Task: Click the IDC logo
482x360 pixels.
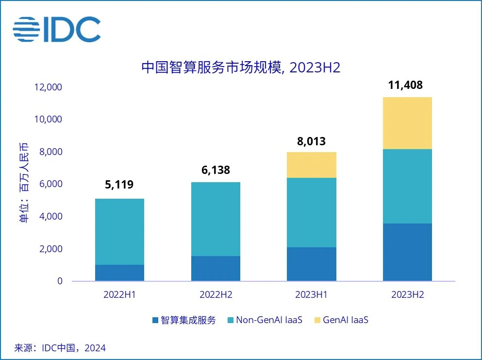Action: coord(56,29)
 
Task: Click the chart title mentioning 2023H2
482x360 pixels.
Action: coord(241,68)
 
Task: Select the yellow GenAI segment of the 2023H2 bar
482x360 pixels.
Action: coord(407,123)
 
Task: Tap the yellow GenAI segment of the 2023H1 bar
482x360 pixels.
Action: coord(312,165)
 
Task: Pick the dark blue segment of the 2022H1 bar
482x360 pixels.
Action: coord(119,273)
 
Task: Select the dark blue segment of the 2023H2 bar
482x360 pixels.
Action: coord(407,252)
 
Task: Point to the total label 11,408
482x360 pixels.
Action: coord(405,86)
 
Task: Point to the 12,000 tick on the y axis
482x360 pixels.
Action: coord(49,87)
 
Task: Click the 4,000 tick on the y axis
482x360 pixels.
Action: coord(50,217)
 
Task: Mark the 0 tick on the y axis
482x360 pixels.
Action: coord(60,281)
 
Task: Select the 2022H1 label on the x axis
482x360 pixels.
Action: coord(119,295)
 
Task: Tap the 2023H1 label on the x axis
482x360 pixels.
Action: coord(312,295)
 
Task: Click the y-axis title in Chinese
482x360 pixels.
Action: coord(23,184)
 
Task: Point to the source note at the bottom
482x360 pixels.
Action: coord(60,348)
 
